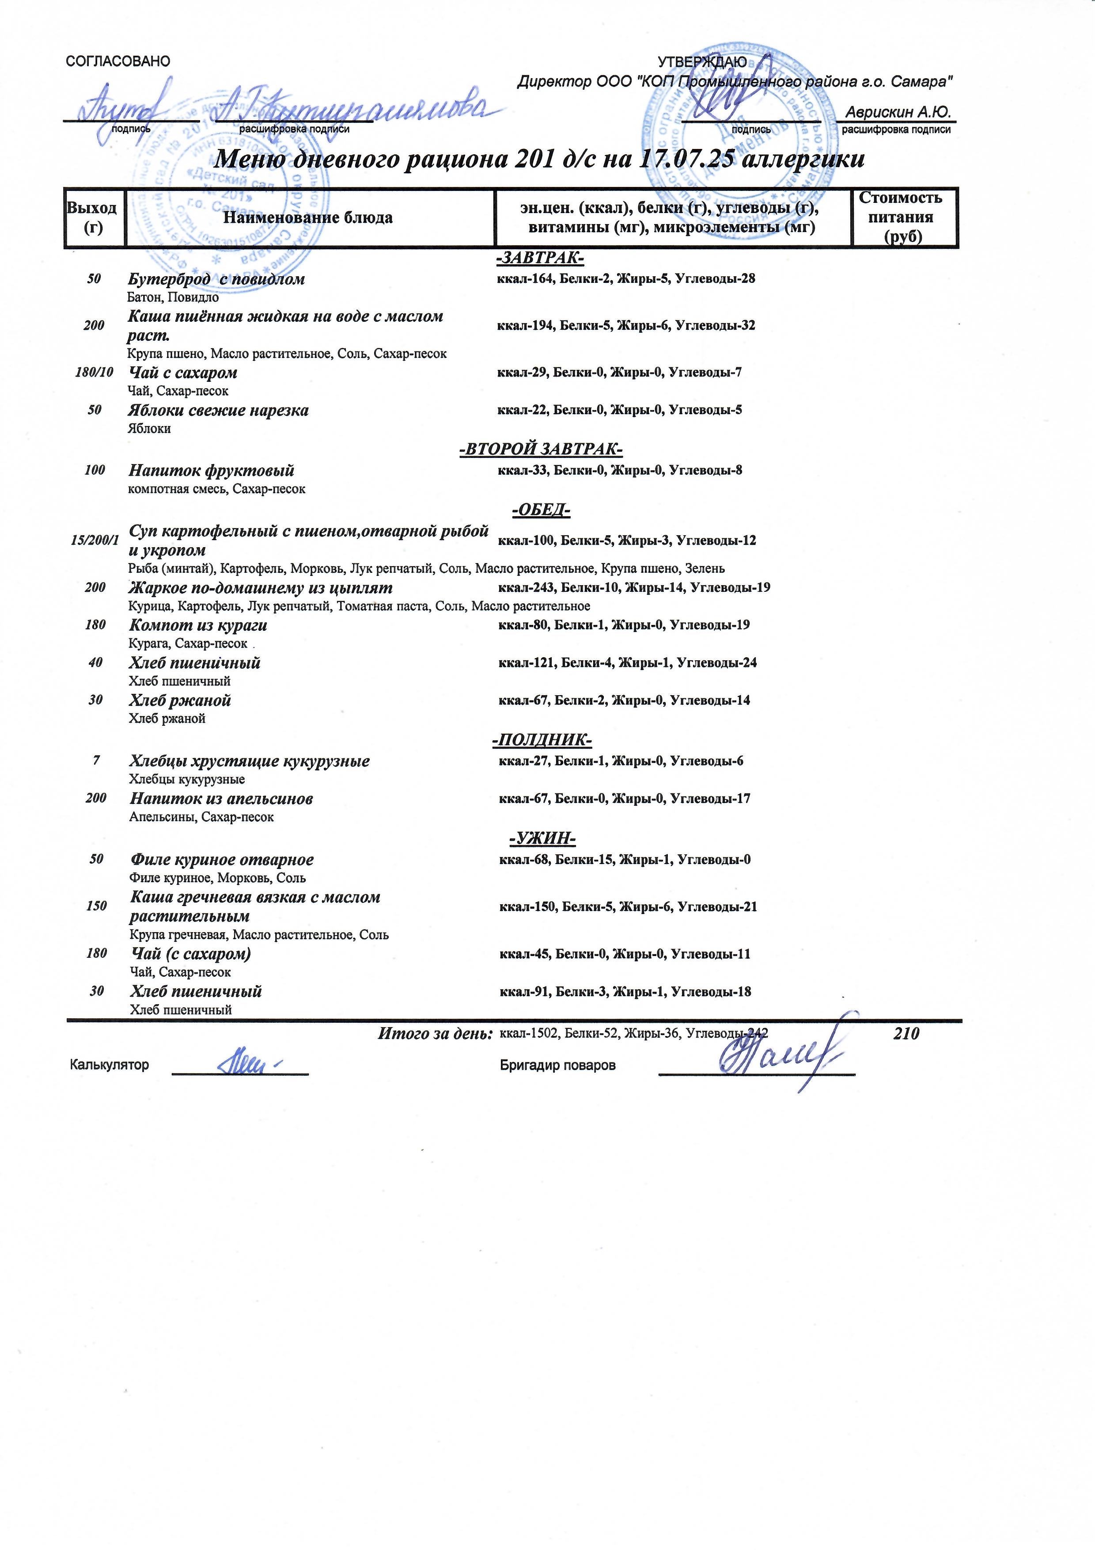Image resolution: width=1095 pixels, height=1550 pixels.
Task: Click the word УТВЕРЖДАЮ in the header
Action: click(x=702, y=61)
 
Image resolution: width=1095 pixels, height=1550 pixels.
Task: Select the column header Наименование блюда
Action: click(x=308, y=217)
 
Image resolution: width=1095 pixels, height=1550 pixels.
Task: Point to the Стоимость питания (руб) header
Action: click(x=902, y=217)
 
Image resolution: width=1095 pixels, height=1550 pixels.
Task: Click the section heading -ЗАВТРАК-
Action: click(x=540, y=259)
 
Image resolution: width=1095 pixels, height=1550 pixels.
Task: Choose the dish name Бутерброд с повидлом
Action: click(x=216, y=279)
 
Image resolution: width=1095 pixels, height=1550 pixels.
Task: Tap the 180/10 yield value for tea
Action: click(x=95, y=373)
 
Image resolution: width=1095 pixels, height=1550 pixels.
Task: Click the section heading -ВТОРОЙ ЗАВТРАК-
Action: click(x=540, y=449)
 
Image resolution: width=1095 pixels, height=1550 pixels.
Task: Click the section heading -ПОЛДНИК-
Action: click(x=542, y=741)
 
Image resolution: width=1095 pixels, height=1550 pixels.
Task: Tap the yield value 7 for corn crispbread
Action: click(x=96, y=761)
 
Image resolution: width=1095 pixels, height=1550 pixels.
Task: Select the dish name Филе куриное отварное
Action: click(x=221, y=860)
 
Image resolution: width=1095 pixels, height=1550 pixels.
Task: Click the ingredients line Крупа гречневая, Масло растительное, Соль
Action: click(x=258, y=935)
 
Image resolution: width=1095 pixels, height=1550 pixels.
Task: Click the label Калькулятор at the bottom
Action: click(x=109, y=1065)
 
